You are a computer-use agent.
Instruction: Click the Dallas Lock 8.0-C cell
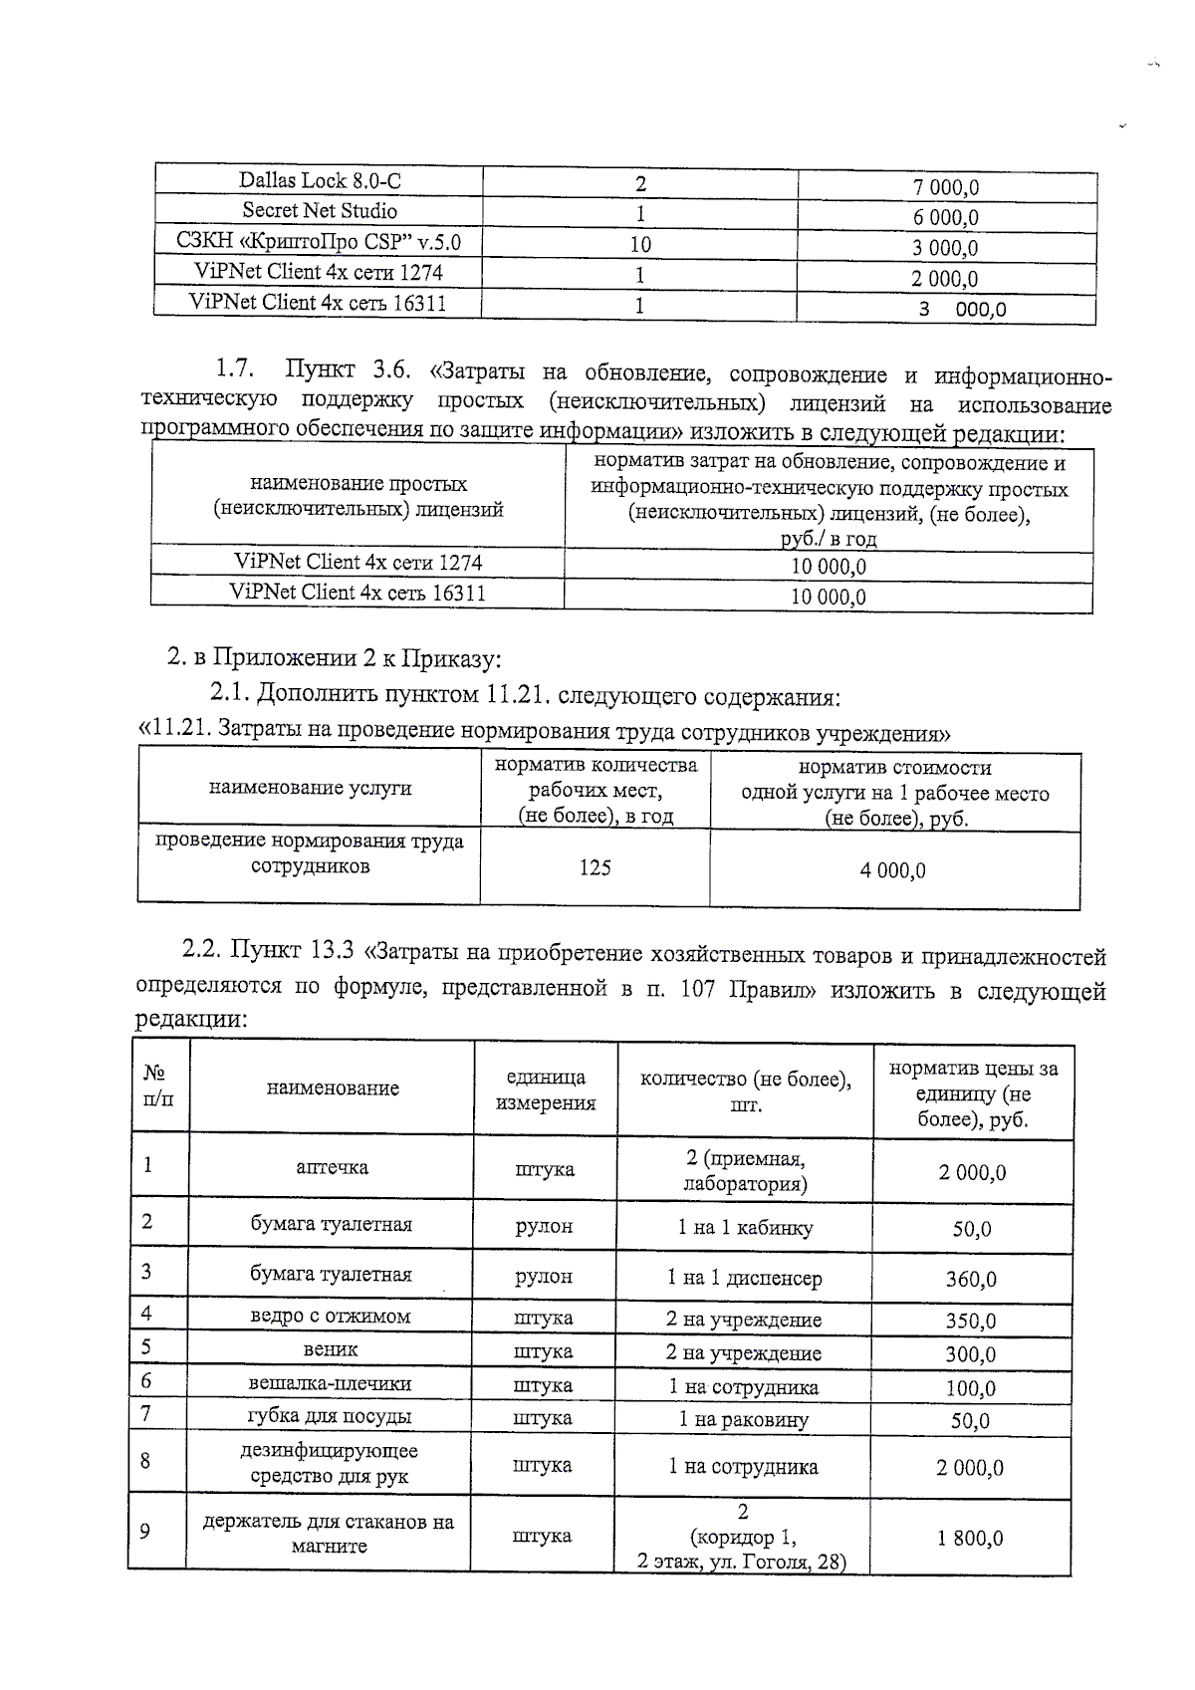point(320,180)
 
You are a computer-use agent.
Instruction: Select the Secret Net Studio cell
point(320,211)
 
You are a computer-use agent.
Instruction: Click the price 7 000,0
point(946,187)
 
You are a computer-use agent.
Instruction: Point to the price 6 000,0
point(946,218)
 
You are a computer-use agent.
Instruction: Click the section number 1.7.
point(234,370)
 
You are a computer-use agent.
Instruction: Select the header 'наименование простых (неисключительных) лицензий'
point(358,496)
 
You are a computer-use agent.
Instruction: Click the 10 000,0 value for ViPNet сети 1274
point(829,567)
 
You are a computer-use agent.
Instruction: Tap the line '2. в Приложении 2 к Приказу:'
point(334,657)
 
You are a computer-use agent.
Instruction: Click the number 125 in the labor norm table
point(595,867)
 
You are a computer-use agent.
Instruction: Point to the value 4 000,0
point(893,871)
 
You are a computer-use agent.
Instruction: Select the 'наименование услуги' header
point(310,788)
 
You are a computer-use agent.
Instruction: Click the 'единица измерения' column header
point(546,1090)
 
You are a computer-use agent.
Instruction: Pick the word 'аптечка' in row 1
point(333,1167)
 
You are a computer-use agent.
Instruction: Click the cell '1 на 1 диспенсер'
point(745,1278)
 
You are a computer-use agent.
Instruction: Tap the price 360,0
point(971,1279)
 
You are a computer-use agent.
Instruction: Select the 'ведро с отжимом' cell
point(330,1317)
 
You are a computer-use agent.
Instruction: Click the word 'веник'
point(331,1350)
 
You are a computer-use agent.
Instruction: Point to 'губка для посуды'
point(330,1416)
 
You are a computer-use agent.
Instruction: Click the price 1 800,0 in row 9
point(970,1539)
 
